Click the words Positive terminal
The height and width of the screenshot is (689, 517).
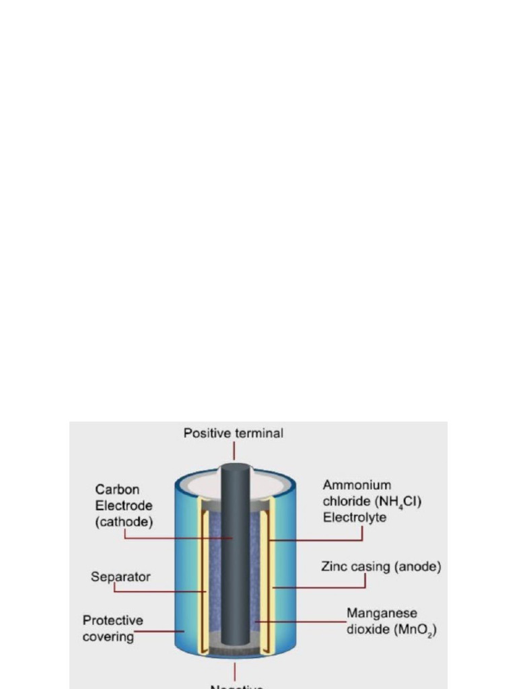(x=234, y=434)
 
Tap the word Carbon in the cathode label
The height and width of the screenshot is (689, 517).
(x=117, y=490)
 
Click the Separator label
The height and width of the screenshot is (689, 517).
(x=120, y=577)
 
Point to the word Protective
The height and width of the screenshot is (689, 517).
(x=112, y=620)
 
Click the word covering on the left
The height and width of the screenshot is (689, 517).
(x=108, y=637)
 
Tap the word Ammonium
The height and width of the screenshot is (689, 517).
(x=357, y=485)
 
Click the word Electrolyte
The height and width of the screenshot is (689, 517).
(x=354, y=518)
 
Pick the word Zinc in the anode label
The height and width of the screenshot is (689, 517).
(x=333, y=567)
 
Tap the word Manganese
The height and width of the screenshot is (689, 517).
(x=382, y=613)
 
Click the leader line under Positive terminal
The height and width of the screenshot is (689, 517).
(x=234, y=449)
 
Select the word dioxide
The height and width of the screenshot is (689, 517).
(x=366, y=630)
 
